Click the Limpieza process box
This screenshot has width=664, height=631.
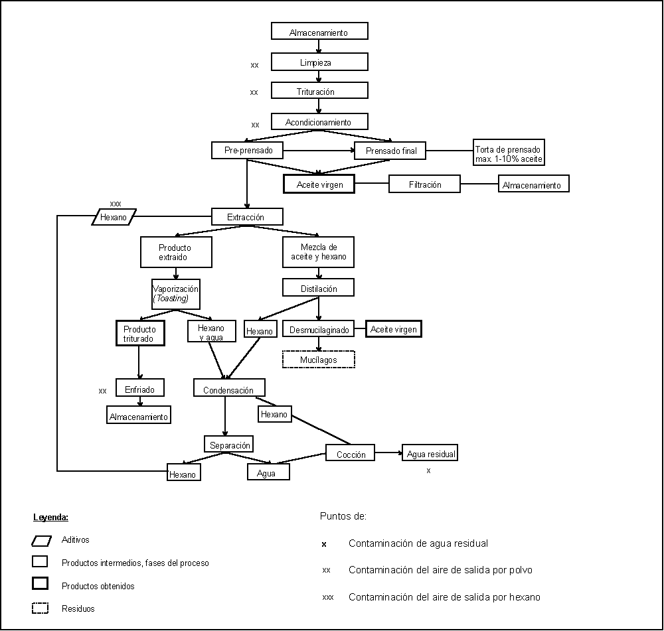point(319,62)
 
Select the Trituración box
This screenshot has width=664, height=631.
point(319,91)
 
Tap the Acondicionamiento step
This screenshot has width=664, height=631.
point(319,122)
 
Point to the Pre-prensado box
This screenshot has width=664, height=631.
point(248,151)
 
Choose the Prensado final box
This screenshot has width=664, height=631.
point(390,151)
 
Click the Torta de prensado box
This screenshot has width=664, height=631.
point(509,155)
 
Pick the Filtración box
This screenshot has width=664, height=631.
point(424,184)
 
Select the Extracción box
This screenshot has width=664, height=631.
point(247,217)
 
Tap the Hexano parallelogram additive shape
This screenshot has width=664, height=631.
point(114,217)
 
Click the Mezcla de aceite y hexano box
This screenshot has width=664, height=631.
point(319,252)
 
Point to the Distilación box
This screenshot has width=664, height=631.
point(319,288)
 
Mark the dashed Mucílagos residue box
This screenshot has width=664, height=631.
point(319,360)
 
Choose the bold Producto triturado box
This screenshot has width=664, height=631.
point(139,334)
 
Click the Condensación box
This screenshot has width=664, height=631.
point(229,388)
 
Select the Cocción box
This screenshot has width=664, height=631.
point(350,454)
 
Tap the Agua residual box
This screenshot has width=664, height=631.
point(430,454)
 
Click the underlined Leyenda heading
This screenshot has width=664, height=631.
point(51,517)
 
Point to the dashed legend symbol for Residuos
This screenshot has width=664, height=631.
point(40,607)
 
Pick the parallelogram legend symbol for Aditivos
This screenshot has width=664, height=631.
point(41,540)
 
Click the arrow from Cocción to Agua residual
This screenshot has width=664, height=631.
point(388,454)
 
